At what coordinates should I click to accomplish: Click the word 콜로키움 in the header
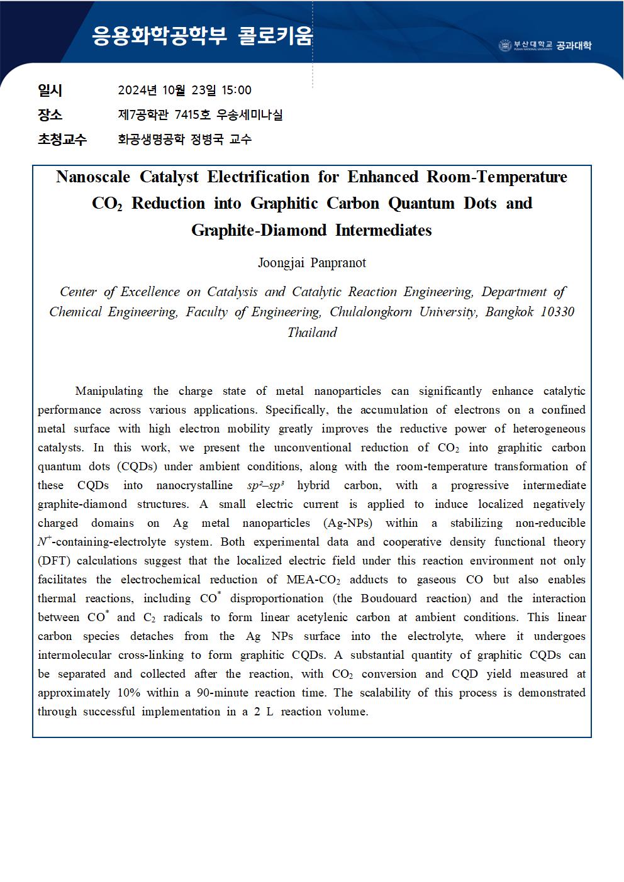coord(276,36)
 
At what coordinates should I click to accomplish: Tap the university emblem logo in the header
coord(505,45)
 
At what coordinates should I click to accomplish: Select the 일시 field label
coord(50,90)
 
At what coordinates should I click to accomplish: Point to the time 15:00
coord(237,90)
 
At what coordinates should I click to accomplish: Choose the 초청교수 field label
coord(62,139)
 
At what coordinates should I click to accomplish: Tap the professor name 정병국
coord(206,139)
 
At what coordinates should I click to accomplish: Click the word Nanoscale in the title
coord(93,177)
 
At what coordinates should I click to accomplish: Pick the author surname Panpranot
coord(338,263)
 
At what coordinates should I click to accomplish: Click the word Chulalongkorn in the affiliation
coord(371,312)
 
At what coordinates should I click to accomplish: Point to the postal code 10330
coord(557,312)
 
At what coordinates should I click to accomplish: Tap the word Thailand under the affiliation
coord(312,333)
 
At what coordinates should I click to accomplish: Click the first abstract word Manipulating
coord(109,391)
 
